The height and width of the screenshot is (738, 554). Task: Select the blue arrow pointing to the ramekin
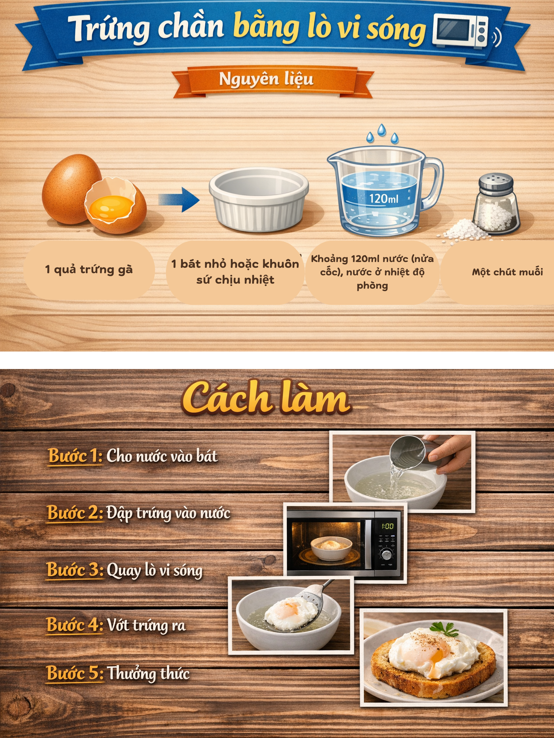(x=179, y=199)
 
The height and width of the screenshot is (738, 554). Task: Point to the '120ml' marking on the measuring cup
(x=383, y=198)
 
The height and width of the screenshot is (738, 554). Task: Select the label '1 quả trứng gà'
(x=89, y=270)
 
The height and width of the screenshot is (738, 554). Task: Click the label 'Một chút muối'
(x=507, y=272)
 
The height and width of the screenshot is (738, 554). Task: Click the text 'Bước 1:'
(x=75, y=456)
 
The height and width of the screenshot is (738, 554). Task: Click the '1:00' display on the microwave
(x=387, y=526)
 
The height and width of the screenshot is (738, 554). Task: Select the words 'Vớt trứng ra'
(x=146, y=626)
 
